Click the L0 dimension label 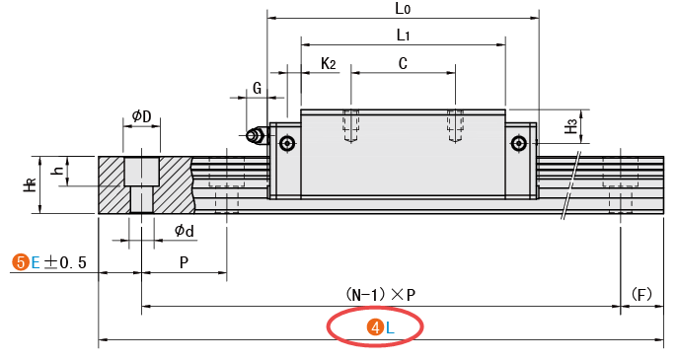(403, 9)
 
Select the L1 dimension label (403, 35)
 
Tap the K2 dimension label (329, 63)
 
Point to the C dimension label (403, 63)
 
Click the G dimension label (258, 88)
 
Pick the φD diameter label (142, 115)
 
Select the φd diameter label (185, 231)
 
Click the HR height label (30, 184)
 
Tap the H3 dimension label (570, 126)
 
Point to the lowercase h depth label (57, 170)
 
